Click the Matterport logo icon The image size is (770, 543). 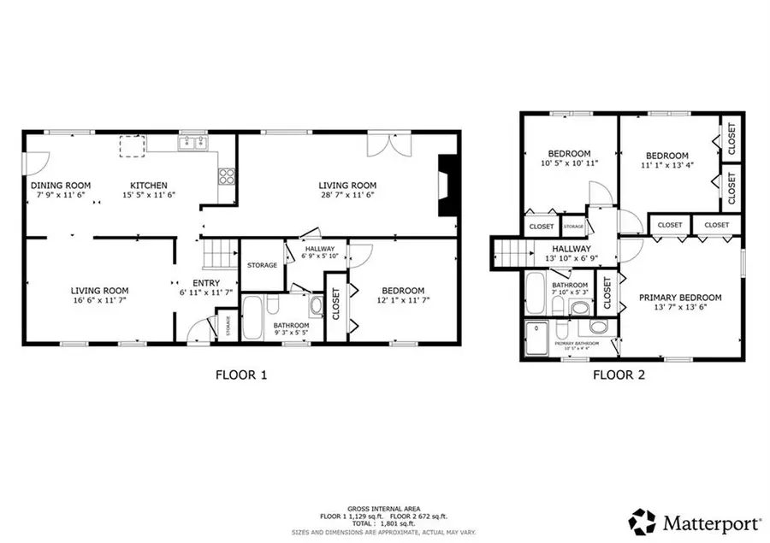(643, 521)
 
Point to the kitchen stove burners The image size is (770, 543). (227, 177)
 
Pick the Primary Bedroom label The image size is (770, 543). (680, 298)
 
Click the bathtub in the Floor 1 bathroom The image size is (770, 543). (256, 319)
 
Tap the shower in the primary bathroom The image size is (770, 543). (538, 339)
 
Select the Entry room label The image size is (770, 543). (206, 283)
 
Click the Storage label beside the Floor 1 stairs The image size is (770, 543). (262, 265)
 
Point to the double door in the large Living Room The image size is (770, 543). (381, 145)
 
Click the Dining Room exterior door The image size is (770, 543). (33, 162)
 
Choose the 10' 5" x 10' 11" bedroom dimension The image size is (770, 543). (569, 162)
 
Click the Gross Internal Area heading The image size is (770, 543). (382, 508)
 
